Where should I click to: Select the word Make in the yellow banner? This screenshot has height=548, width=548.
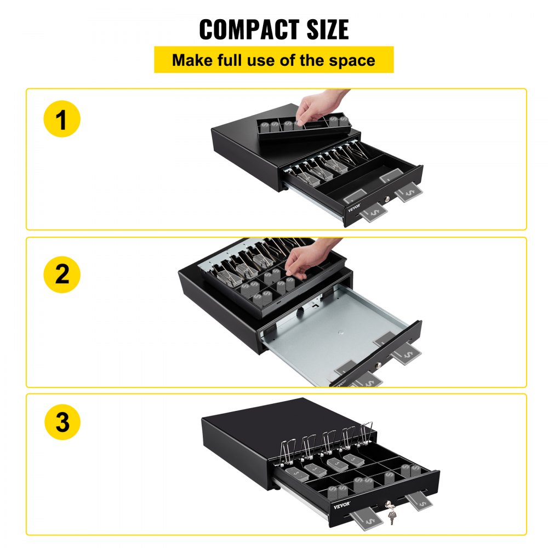point(192,60)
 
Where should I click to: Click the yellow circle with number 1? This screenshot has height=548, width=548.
point(61,120)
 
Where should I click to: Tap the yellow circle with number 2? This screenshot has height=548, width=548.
point(61,273)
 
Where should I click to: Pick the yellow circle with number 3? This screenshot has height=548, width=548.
point(61,423)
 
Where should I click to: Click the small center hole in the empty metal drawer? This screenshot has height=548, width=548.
point(340,347)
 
